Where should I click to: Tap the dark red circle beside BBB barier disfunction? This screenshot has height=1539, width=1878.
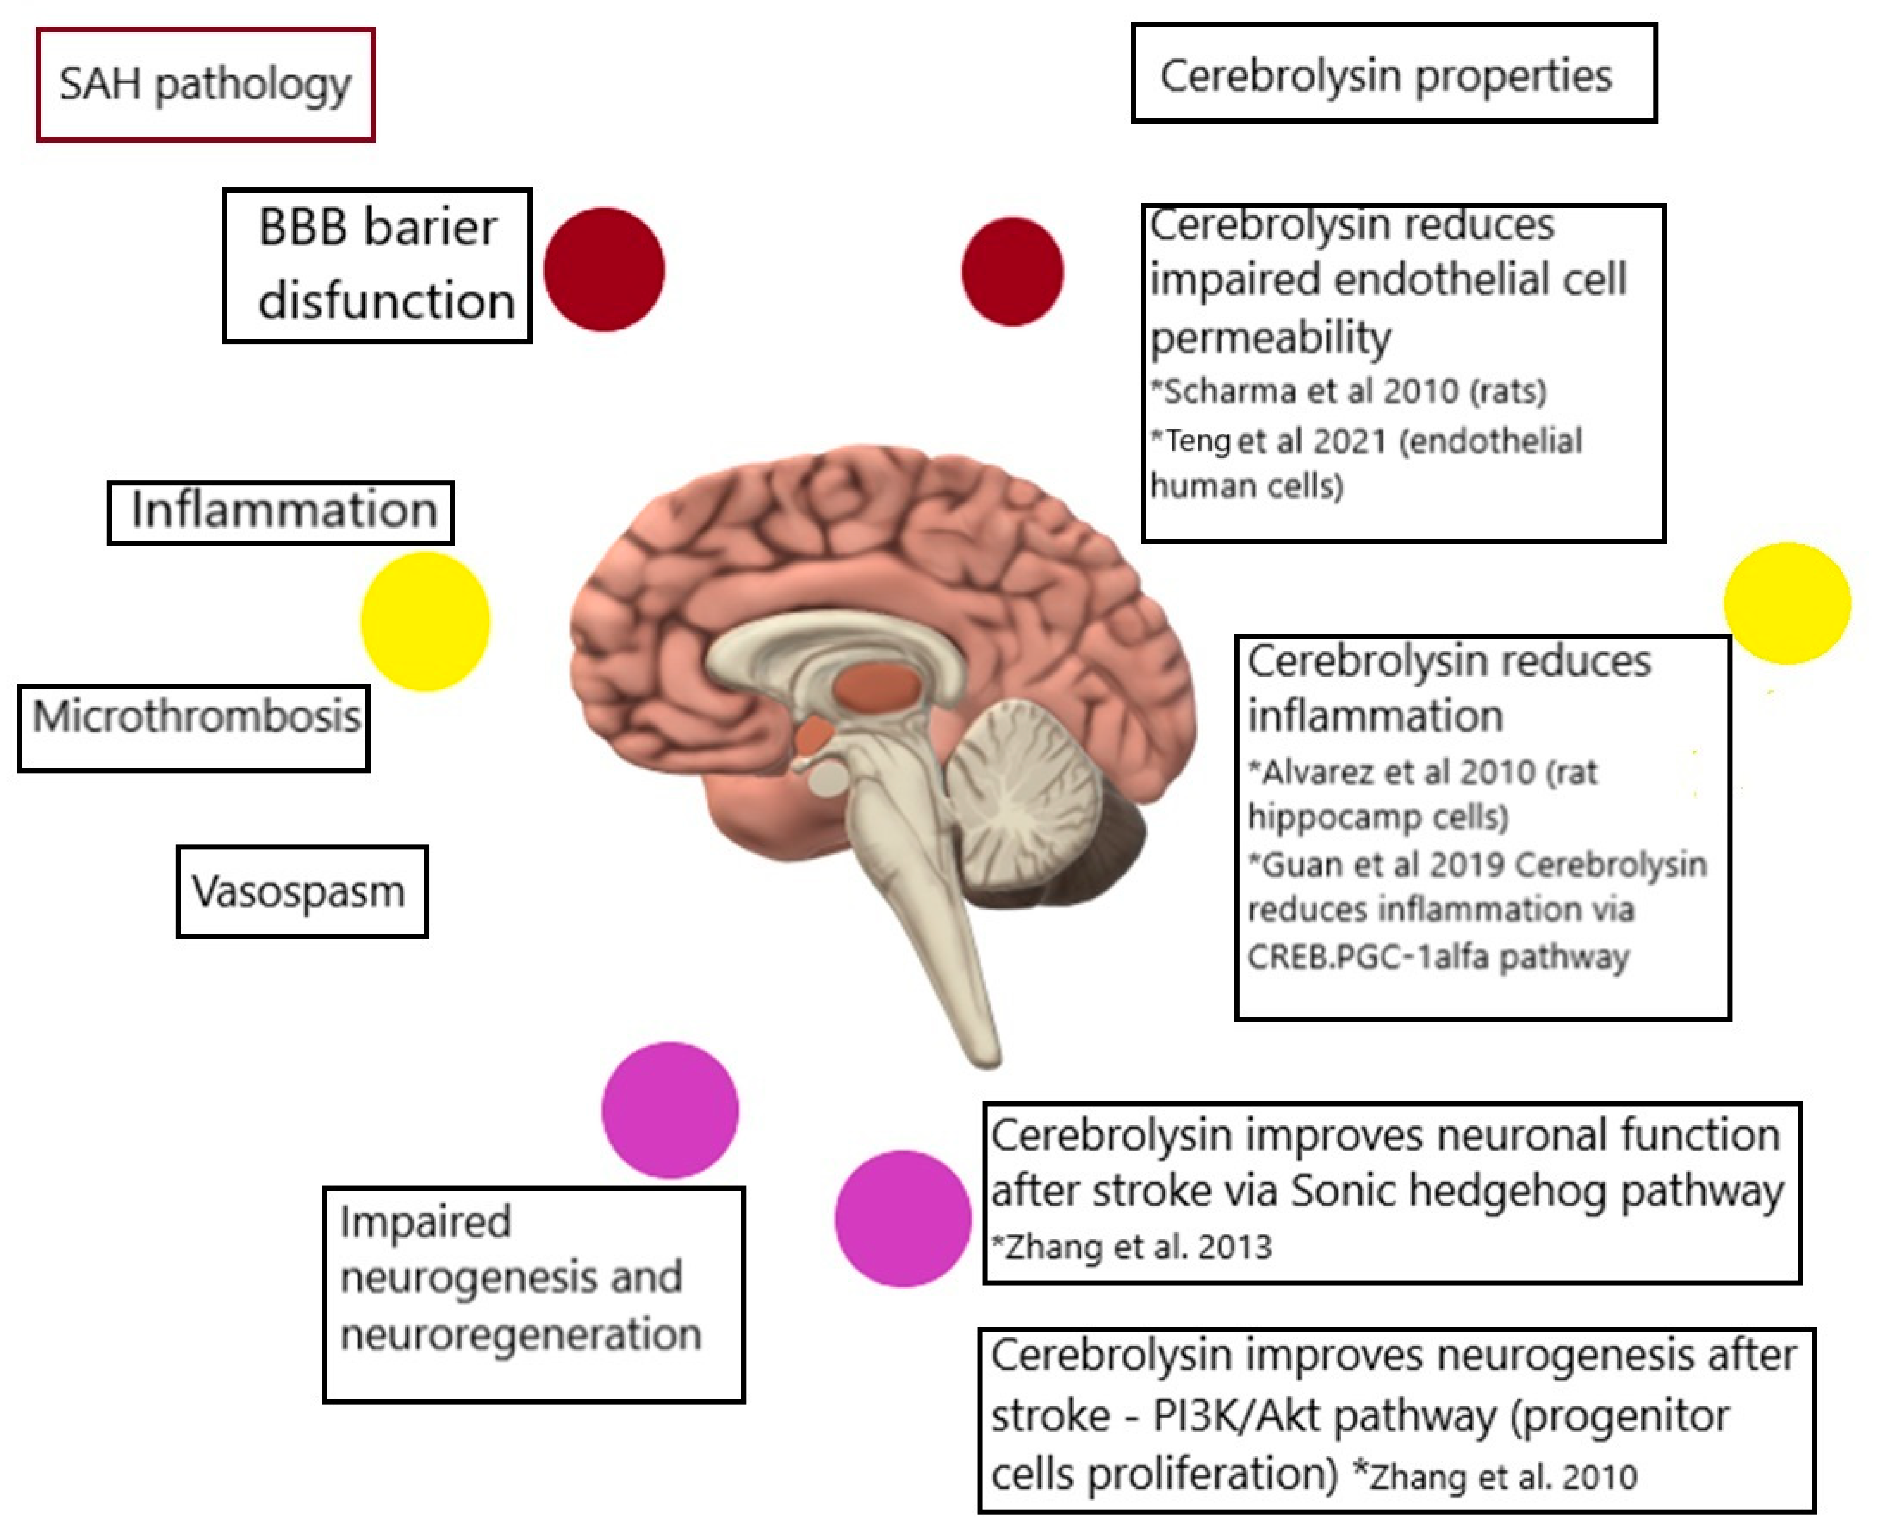click(x=604, y=270)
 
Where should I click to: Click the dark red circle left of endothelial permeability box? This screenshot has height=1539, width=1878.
click(x=1012, y=271)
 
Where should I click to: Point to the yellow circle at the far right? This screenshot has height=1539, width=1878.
click(x=1787, y=603)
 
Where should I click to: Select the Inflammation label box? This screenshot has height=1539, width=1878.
click(x=281, y=513)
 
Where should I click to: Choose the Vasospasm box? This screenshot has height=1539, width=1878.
click(x=302, y=891)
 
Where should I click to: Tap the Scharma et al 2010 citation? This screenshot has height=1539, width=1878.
click(x=1348, y=391)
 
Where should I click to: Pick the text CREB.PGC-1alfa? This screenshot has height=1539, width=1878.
click(x=1365, y=958)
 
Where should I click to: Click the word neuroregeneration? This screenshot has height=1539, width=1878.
click(x=520, y=1334)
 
